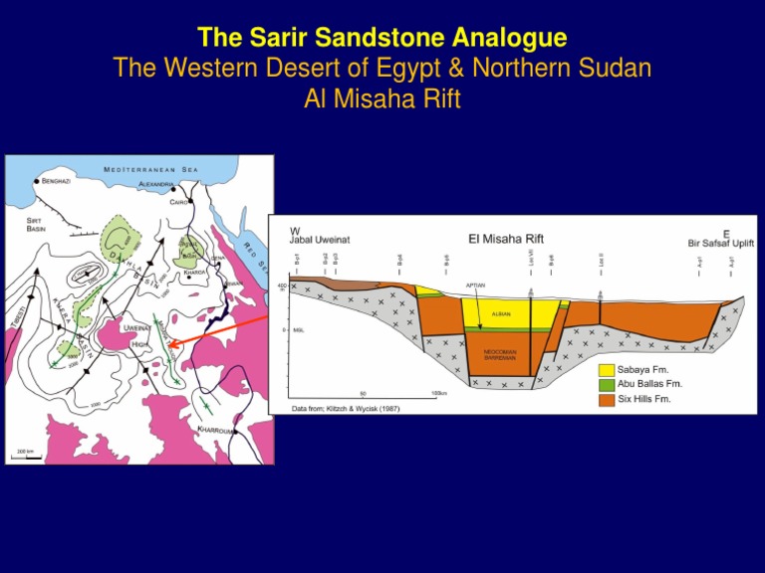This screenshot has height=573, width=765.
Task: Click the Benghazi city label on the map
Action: (x=63, y=181)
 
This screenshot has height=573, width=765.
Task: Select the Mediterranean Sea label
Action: (x=150, y=169)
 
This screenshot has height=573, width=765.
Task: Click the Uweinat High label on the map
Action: (x=136, y=333)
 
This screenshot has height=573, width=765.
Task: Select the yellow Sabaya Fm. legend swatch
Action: (x=608, y=370)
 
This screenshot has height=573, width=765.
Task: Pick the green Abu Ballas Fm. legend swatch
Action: (x=608, y=384)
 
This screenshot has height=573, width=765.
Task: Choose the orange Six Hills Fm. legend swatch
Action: (x=608, y=399)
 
